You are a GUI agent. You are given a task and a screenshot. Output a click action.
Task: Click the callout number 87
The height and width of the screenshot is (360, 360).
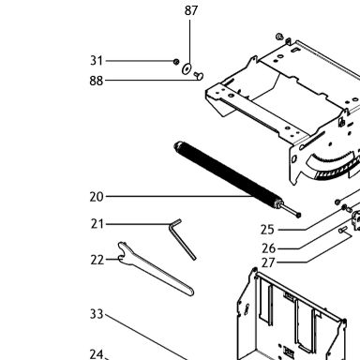(191, 10)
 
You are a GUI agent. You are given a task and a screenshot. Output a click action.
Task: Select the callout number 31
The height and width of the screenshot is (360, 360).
(97, 61)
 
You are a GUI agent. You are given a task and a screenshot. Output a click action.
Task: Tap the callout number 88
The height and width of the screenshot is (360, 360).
(97, 81)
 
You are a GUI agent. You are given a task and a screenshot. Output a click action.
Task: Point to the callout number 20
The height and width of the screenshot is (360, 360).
(97, 197)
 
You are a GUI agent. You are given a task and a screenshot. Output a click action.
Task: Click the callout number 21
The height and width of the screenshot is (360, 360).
(97, 224)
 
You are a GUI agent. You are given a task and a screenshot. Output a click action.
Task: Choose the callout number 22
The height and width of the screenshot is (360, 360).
(97, 260)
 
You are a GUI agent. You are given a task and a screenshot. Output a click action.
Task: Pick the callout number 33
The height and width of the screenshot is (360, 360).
(97, 314)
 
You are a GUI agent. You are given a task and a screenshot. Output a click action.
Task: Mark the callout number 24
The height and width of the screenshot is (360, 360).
(97, 354)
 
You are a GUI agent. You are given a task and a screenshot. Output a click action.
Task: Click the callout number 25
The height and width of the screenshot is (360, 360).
(267, 230)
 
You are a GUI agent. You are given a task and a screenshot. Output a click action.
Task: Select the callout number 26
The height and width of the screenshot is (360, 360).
(269, 248)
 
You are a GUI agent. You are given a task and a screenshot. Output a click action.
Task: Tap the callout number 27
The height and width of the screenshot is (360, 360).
(268, 262)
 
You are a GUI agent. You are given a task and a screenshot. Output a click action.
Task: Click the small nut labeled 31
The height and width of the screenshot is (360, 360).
(176, 62)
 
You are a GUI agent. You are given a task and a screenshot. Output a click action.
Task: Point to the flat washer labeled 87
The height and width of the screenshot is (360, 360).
(187, 68)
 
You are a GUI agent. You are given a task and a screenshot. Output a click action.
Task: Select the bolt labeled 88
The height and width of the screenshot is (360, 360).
(199, 76)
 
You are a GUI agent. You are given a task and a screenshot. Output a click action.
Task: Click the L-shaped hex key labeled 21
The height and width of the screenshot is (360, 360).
(182, 238)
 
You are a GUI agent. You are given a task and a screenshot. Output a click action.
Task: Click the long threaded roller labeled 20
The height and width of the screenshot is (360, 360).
(228, 175)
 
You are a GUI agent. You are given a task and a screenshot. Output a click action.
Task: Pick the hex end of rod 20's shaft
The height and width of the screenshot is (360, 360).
(298, 215)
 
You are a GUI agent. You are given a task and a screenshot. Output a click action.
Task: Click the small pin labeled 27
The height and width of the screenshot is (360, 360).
(343, 230)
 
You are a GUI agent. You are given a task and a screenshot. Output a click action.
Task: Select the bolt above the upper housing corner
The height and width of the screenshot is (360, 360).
(279, 37)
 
